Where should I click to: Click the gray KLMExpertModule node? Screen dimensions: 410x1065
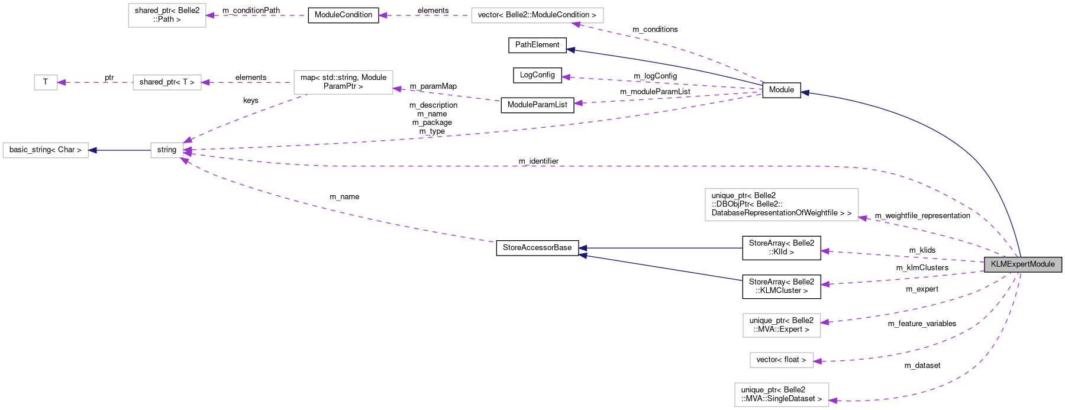(x=1022, y=264)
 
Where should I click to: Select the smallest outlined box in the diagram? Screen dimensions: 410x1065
(x=46, y=82)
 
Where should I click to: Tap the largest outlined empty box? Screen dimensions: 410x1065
(x=781, y=205)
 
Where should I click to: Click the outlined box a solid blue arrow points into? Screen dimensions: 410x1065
(x=46, y=150)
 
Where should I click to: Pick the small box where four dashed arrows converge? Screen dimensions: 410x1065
(x=167, y=150)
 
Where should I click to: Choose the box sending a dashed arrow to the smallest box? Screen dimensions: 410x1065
(x=167, y=82)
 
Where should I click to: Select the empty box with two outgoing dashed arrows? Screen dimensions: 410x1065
(x=343, y=82)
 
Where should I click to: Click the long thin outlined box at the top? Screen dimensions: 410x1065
(x=537, y=15)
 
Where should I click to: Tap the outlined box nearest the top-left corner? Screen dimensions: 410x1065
(x=167, y=15)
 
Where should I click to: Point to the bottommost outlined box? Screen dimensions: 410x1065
(x=781, y=395)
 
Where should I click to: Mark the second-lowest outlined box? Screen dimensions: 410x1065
(x=781, y=360)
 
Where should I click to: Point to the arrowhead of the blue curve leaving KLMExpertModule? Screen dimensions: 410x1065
(x=805, y=92)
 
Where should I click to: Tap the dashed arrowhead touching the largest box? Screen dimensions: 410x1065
(x=863, y=218)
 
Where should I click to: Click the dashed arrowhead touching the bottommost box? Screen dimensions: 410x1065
(x=833, y=401)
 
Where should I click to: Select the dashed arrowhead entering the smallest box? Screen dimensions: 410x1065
(x=62, y=82)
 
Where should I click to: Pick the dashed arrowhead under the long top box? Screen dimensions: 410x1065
(x=576, y=24)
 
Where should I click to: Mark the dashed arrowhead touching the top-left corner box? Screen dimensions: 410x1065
(x=210, y=15)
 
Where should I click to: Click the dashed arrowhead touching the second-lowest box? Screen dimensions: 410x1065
(x=818, y=361)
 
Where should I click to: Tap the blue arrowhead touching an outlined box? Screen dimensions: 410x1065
(x=92, y=150)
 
